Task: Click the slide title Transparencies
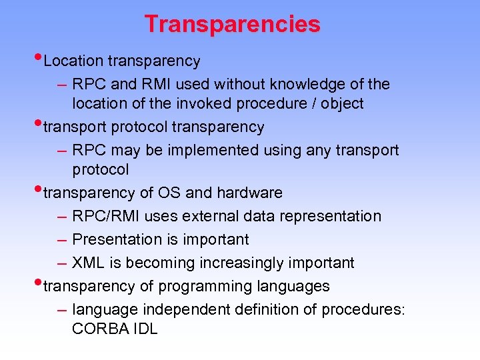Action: click(x=232, y=25)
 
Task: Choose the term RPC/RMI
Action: click(x=103, y=216)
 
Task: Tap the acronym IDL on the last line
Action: click(x=144, y=329)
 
